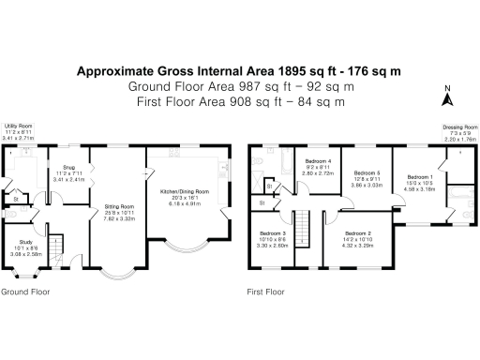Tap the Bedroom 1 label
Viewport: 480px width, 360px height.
419,177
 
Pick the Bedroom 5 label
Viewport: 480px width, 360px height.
367,174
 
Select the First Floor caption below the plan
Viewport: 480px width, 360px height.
266,292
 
